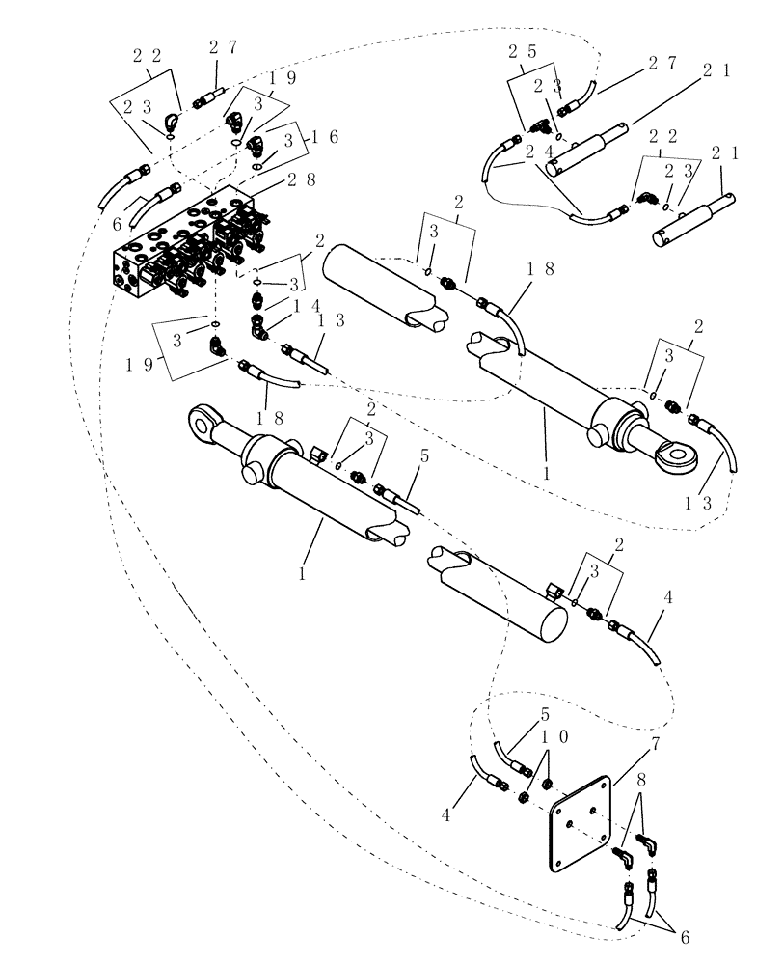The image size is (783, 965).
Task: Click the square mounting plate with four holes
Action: pyautogui.click(x=581, y=825)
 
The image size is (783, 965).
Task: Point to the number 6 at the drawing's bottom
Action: pyautogui.click(x=683, y=937)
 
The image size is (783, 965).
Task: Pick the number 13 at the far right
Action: pyautogui.click(x=706, y=502)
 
